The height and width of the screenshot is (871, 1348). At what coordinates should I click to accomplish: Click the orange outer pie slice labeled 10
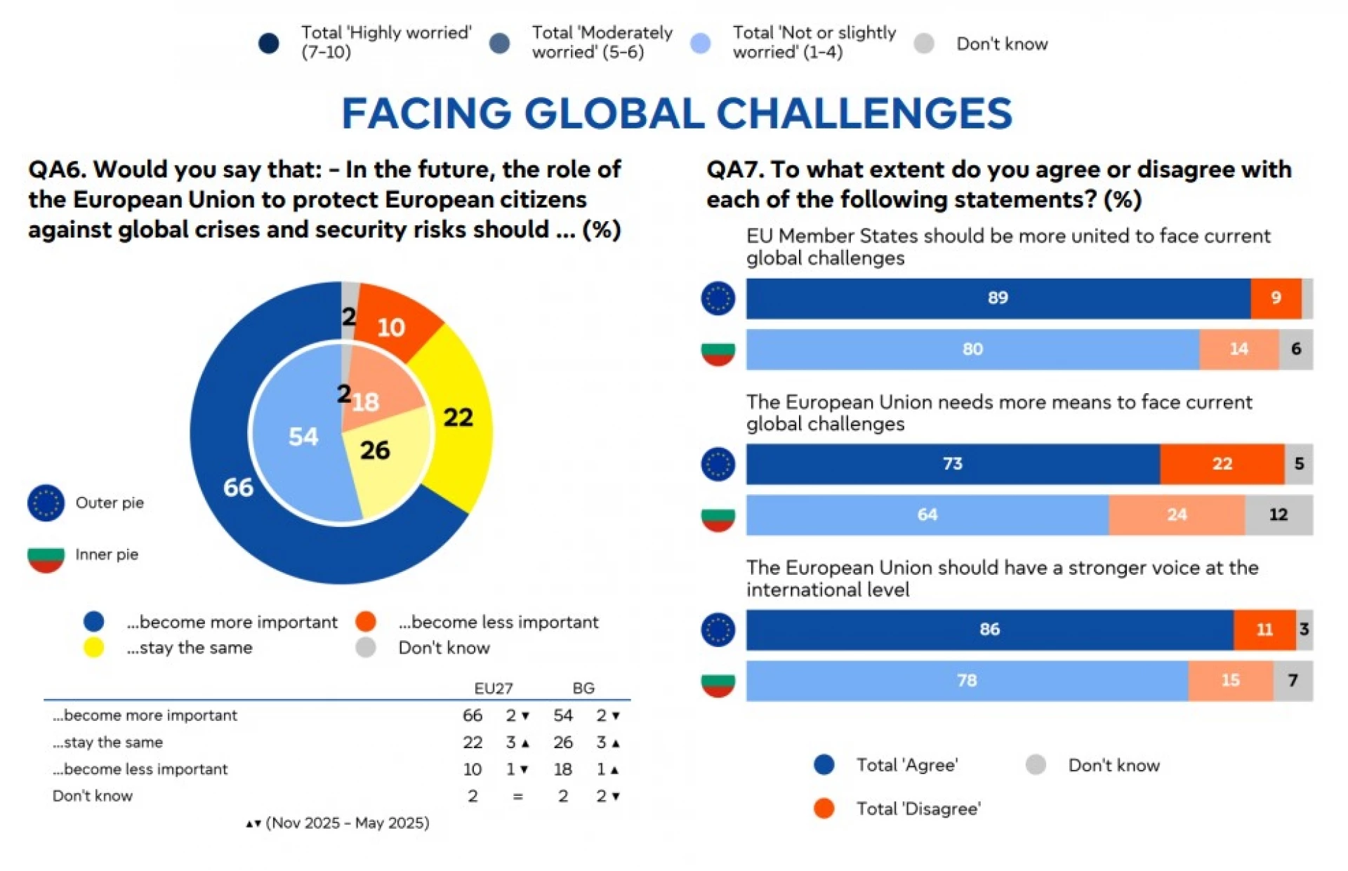[x=393, y=319]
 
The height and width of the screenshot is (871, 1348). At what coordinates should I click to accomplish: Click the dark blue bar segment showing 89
[x=997, y=298]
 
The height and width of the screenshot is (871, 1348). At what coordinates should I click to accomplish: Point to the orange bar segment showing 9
[x=1276, y=298]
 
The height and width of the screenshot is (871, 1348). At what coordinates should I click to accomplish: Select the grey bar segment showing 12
[x=1278, y=514]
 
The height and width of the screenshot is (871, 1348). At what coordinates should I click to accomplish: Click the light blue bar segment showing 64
[x=927, y=514]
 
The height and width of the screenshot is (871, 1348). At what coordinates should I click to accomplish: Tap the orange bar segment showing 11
[x=1264, y=630]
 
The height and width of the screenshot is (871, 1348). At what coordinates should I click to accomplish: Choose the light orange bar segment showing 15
[x=1230, y=680]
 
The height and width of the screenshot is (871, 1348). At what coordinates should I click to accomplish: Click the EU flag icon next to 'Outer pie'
[x=46, y=503]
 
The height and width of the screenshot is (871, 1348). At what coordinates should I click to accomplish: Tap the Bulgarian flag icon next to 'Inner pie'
[x=46, y=556]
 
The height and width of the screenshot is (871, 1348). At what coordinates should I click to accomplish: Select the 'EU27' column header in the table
[x=493, y=688]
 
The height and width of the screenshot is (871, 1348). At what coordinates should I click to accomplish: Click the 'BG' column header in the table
[x=583, y=688]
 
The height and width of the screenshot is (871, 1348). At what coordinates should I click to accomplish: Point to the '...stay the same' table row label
[x=108, y=742]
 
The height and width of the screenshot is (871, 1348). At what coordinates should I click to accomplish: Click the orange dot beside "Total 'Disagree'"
[x=824, y=809]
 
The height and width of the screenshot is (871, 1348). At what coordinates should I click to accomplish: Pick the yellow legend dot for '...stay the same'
[x=93, y=647]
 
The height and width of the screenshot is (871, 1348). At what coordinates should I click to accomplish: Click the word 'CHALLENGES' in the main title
[x=864, y=114]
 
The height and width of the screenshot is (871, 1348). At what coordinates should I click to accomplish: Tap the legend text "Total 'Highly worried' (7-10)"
[x=385, y=42]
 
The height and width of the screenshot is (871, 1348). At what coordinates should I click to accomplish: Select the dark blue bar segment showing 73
[x=952, y=464]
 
